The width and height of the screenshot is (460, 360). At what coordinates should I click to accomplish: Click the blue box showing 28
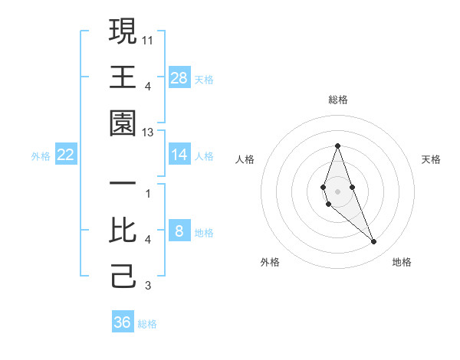click(179, 77)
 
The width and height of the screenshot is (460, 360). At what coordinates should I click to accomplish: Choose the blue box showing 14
click(179, 155)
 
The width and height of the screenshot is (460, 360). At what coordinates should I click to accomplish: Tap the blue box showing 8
click(179, 231)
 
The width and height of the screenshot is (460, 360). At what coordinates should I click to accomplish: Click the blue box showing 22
click(66, 155)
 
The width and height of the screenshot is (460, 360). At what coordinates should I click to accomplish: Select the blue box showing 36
click(123, 322)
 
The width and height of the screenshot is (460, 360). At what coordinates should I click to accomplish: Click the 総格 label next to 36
click(147, 324)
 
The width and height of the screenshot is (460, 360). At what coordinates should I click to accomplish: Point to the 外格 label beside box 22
click(41, 156)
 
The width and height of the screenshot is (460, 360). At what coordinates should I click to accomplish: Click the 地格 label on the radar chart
click(402, 262)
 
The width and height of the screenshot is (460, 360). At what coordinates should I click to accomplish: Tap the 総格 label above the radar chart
click(338, 100)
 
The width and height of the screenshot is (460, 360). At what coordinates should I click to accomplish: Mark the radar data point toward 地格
click(374, 242)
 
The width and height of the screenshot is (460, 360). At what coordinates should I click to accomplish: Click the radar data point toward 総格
click(337, 146)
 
